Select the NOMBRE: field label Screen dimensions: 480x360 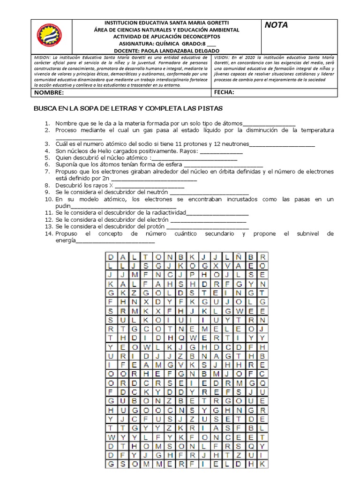click(48, 93)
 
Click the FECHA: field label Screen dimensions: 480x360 click(224, 93)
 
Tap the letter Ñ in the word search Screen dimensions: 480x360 click(238, 257)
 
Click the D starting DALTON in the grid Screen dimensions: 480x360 click(111, 257)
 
